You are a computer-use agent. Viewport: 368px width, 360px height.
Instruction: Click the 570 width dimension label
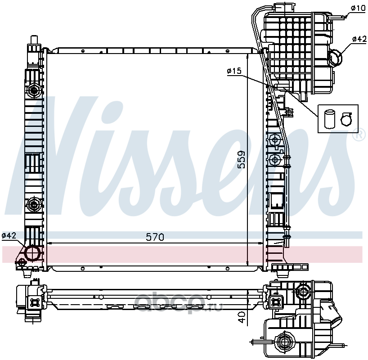155,237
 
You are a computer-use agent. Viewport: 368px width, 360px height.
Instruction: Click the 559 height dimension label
241,160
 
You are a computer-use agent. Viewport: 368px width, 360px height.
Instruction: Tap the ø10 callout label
359,8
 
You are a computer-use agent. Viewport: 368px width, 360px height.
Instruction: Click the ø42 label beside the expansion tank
359,39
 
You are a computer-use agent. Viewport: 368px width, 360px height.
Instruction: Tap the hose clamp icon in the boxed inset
346,119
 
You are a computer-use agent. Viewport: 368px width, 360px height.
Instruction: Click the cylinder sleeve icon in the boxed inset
329,119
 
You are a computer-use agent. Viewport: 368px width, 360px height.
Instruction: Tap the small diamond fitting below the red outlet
21,262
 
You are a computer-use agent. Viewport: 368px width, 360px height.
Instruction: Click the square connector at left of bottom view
35,302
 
